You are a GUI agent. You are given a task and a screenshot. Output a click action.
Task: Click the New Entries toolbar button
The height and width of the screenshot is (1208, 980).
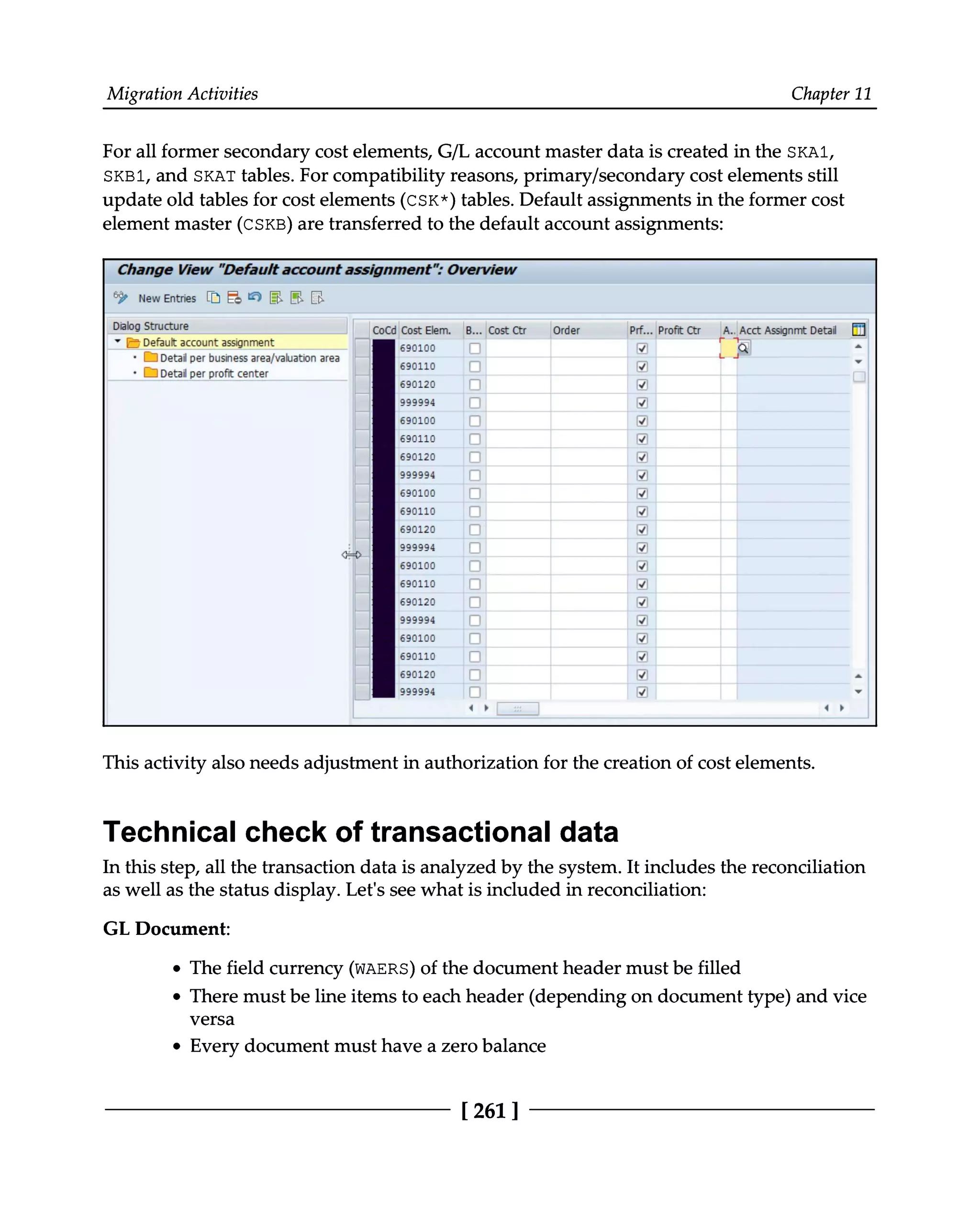click(x=167, y=298)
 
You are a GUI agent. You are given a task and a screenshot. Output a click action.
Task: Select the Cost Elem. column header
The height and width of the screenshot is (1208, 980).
click(x=426, y=330)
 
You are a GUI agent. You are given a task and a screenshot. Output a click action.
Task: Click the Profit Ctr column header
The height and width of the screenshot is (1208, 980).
click(x=679, y=330)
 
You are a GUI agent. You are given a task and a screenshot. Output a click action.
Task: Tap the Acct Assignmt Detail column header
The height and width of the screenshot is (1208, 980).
click(x=788, y=330)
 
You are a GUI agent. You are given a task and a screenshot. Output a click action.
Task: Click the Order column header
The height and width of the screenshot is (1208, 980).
click(x=566, y=330)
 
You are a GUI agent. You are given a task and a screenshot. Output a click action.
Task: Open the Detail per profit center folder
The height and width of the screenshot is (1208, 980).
click(x=214, y=373)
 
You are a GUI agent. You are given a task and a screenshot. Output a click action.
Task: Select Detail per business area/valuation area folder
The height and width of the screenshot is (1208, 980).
click(x=249, y=358)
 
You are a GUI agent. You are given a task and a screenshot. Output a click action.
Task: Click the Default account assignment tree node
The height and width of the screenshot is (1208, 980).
click(x=208, y=342)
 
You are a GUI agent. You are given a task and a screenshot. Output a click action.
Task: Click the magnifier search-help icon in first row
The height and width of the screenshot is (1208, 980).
click(x=744, y=348)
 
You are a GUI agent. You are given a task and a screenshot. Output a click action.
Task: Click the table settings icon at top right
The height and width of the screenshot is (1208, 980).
click(x=858, y=330)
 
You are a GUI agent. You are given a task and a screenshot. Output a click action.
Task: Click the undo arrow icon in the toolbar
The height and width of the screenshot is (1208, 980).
click(x=255, y=297)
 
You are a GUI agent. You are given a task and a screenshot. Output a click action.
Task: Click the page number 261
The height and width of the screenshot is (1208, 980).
click(x=490, y=1110)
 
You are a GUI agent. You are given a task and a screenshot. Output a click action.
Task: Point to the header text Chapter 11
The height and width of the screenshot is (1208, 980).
click(x=831, y=94)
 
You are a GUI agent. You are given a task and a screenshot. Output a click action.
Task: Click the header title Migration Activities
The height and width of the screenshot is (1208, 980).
click(x=182, y=94)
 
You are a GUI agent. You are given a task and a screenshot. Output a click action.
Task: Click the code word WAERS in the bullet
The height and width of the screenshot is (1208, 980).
click(x=381, y=969)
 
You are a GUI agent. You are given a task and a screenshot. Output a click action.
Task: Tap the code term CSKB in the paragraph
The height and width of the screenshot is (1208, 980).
click(x=264, y=225)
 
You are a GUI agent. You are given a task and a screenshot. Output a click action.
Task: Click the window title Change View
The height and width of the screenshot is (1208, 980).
click(x=165, y=270)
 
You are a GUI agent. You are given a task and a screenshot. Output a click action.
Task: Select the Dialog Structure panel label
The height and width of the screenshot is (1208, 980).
click(x=150, y=326)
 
